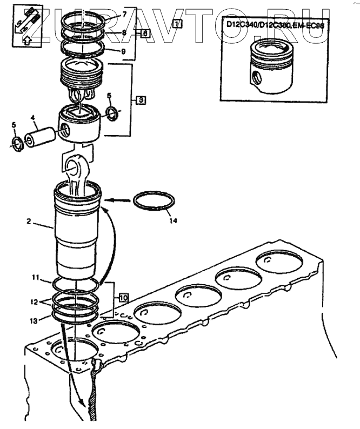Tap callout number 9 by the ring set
pos(124,52)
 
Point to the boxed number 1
pos(177,23)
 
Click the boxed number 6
pos(145,33)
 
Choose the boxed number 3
pos(140,100)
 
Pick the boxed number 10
pos(123,297)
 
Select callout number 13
pos(34,320)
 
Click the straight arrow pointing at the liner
pos(118,200)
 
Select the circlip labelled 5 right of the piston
pos(113,113)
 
